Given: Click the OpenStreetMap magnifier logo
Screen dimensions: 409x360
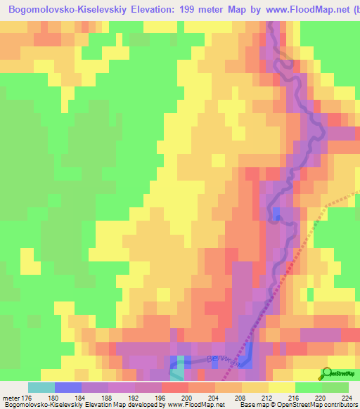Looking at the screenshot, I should pyautogui.click(x=328, y=373).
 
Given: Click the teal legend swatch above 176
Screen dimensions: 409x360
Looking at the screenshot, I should pyautogui.click(x=41, y=387).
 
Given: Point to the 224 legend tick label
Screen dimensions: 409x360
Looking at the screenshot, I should pyautogui.click(x=345, y=398).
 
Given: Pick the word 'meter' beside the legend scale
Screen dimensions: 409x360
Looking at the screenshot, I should pyautogui.click(x=12, y=398).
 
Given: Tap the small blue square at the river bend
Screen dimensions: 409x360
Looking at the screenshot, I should pyautogui.click(x=276, y=214).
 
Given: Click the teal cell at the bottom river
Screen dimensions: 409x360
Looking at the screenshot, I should pyautogui.click(x=181, y=363).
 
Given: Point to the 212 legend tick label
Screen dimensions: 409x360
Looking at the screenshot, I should pyautogui.click(x=264, y=398).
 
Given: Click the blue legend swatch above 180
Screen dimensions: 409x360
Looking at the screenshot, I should pyautogui.click(x=67, y=387).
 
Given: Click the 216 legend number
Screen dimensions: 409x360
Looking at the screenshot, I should pyautogui.click(x=291, y=398).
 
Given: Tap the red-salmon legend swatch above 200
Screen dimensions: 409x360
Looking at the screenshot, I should pyautogui.click(x=174, y=387).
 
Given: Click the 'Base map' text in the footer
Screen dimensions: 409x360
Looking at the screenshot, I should pyautogui.click(x=255, y=405).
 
